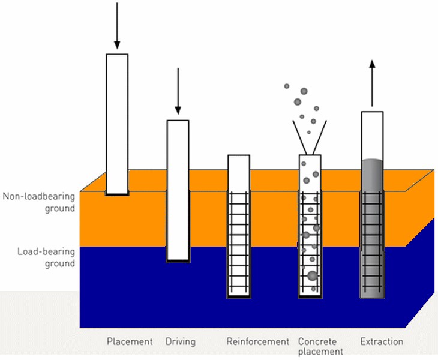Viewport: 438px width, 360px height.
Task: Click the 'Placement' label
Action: coord(130,342)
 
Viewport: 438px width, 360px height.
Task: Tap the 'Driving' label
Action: coord(181,342)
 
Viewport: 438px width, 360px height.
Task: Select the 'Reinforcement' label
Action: coord(257,342)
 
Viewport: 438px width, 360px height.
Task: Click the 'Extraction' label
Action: coord(382,342)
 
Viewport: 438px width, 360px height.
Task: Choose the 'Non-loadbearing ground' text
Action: coord(38,202)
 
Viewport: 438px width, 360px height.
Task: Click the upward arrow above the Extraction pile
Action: coord(371,84)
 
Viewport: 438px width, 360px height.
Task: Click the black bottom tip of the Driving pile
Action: coord(178,261)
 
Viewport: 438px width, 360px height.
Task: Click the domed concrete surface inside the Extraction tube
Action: coord(371,163)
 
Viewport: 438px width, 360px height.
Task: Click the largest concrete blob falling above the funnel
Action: coord(304,92)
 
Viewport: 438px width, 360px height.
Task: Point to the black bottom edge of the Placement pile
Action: coord(117,194)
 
